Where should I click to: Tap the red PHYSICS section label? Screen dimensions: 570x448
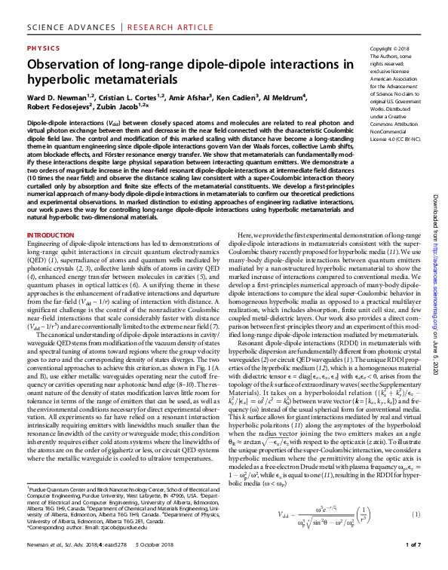pyautogui.click(x=43, y=47)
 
